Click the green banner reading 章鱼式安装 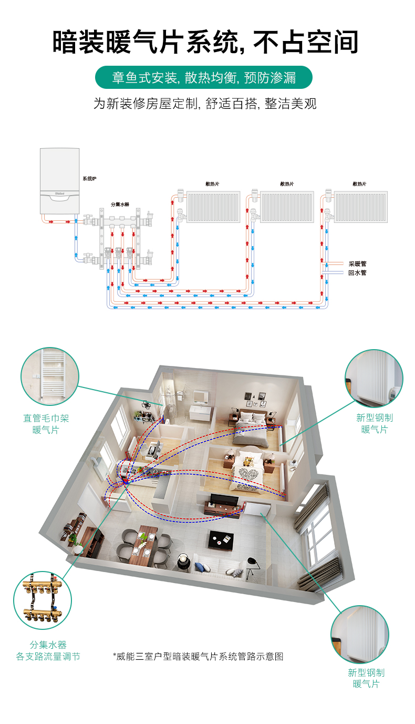point(203,77)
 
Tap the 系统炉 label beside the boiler point(89,178)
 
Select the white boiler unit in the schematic point(59,181)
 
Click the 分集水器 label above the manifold point(119,205)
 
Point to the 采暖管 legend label point(357,264)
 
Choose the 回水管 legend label point(357,273)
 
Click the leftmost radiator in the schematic point(213,207)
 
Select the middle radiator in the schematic point(287,207)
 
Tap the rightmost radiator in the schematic point(361,207)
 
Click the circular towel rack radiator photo point(50,376)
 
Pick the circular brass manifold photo point(43,600)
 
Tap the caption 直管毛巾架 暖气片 point(46,424)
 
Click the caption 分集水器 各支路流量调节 point(48,650)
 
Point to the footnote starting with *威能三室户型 point(198,657)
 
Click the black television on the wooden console point(224,500)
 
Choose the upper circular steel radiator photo point(374,378)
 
